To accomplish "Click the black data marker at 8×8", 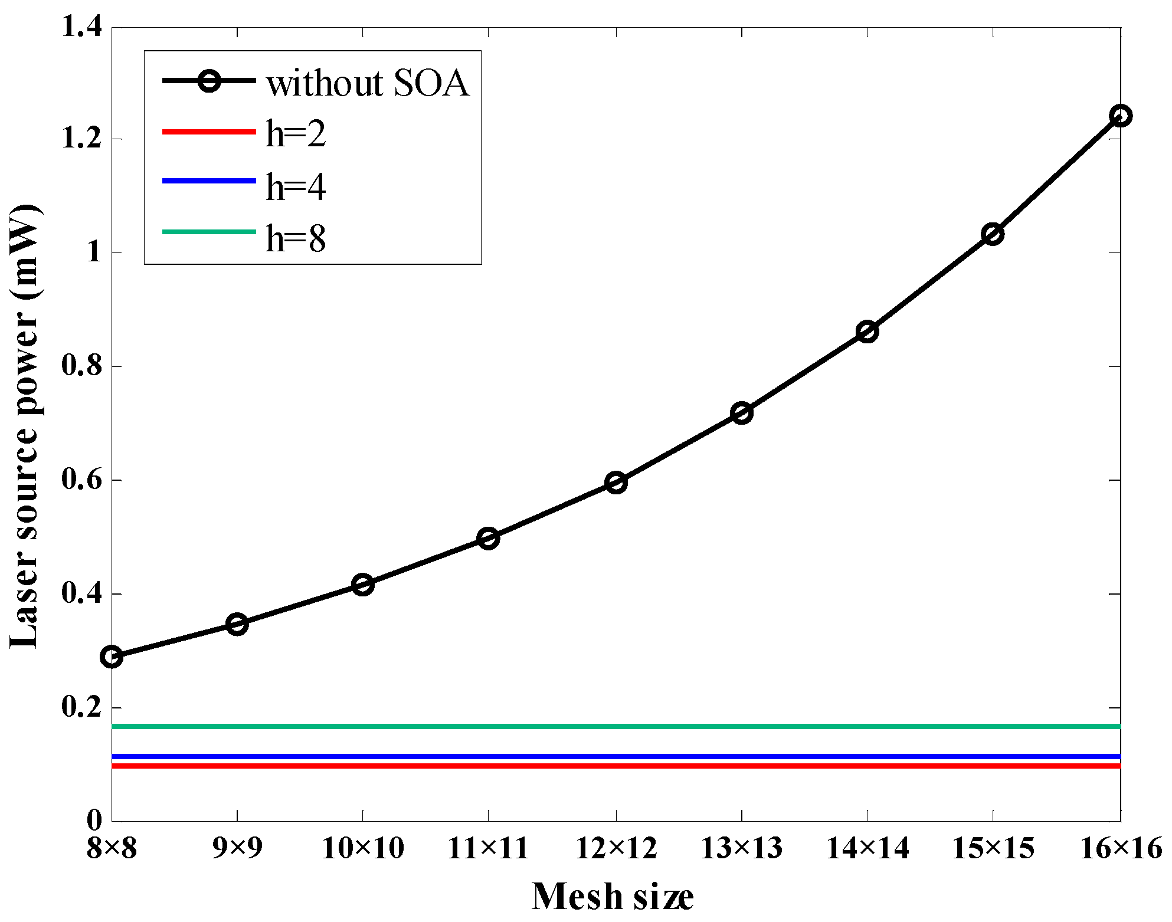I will tap(112, 657).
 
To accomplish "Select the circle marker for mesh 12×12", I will tap(616, 483).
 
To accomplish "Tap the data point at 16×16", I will tap(1120, 116).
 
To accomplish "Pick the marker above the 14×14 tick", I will tap(867, 332).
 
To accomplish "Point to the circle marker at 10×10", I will tap(363, 585).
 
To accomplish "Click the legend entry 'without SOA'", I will tap(367, 83).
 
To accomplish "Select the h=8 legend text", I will tap(296, 238).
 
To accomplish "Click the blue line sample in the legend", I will tap(209, 181).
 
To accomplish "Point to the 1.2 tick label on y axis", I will tap(82, 139).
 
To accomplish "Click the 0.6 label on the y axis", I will tap(82, 480).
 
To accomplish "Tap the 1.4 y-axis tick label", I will tap(82, 27).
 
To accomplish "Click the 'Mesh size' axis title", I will tap(612, 897).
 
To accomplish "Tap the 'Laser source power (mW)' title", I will tap(25, 426).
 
